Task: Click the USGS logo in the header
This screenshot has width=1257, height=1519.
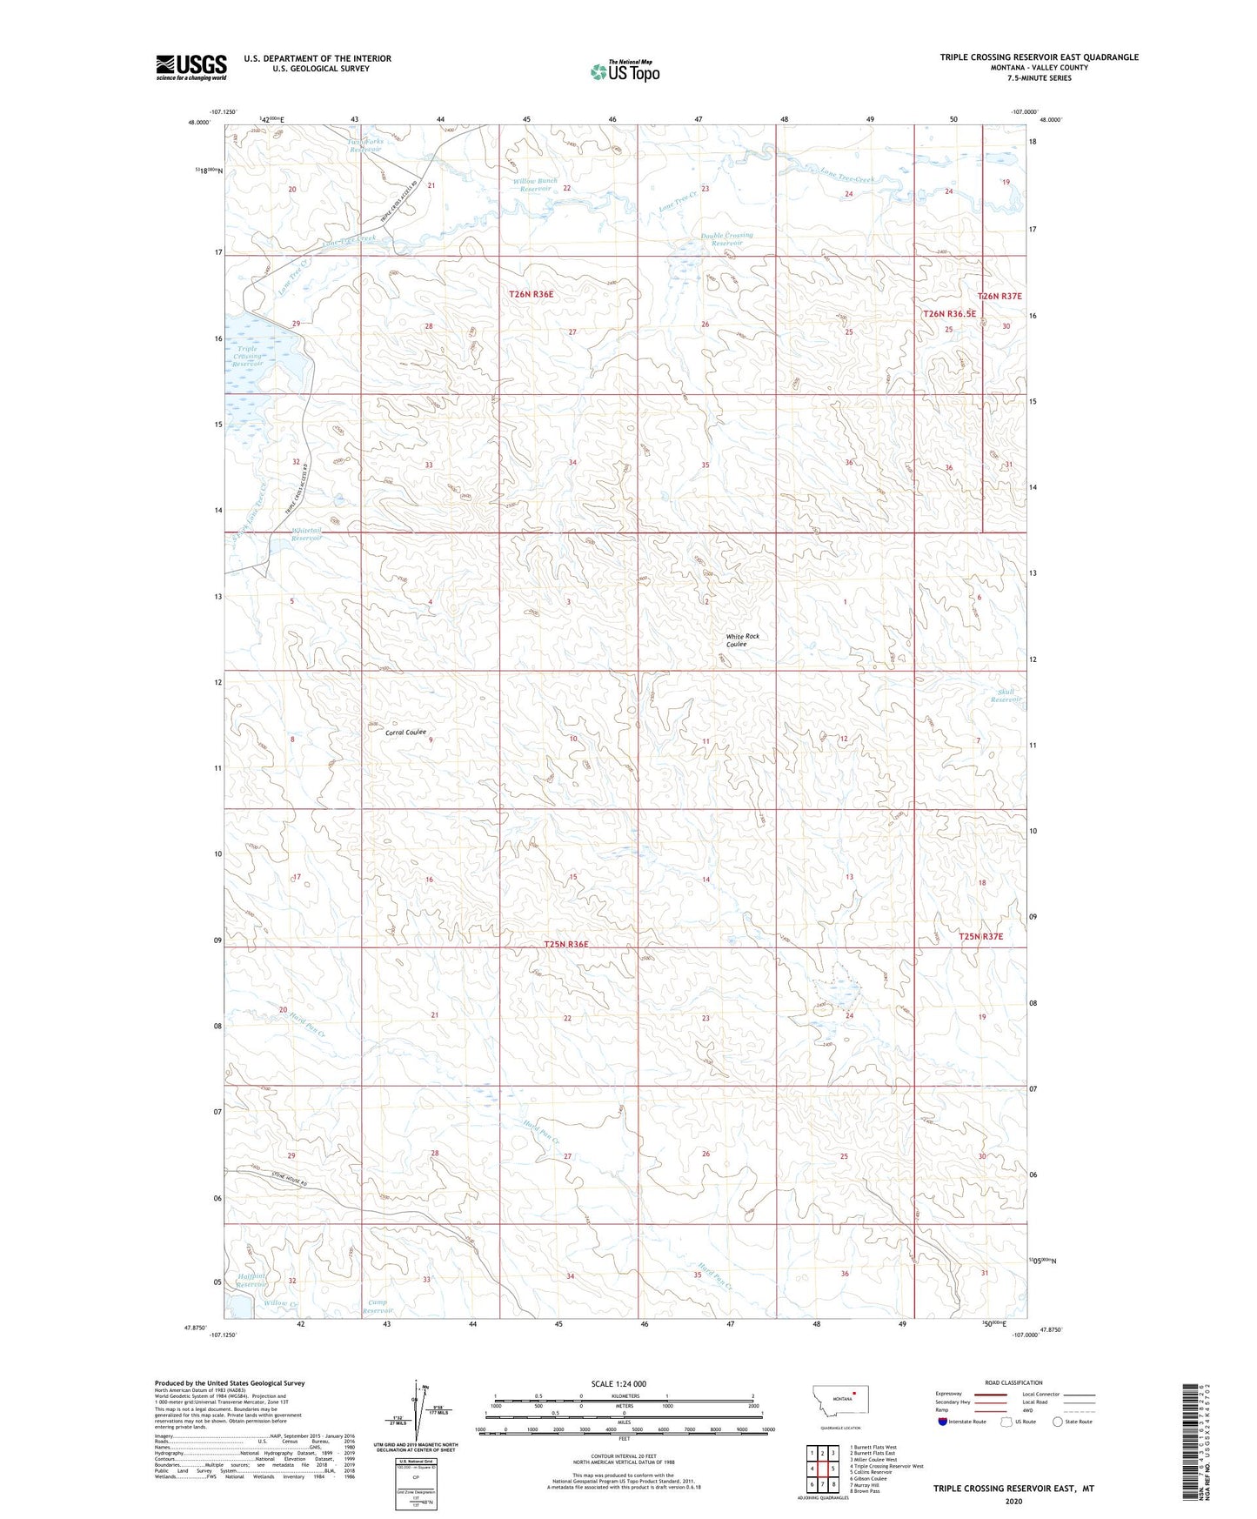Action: [191, 66]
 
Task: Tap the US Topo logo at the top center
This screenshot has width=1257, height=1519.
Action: [624, 71]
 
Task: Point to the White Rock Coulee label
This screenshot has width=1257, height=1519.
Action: [742, 640]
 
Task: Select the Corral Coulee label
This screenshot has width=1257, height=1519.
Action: [405, 733]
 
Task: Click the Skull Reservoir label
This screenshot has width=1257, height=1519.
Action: [1006, 696]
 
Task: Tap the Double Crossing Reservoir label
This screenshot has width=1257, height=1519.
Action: [727, 239]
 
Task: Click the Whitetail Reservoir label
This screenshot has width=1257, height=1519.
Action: [306, 534]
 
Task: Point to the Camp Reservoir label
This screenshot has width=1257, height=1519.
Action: [378, 1306]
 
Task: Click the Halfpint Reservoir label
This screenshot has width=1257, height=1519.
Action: [251, 1280]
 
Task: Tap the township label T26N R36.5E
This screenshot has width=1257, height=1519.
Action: [949, 313]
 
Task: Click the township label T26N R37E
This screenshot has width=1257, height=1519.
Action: [1000, 297]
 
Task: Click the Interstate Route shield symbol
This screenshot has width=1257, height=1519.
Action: [943, 1422]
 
